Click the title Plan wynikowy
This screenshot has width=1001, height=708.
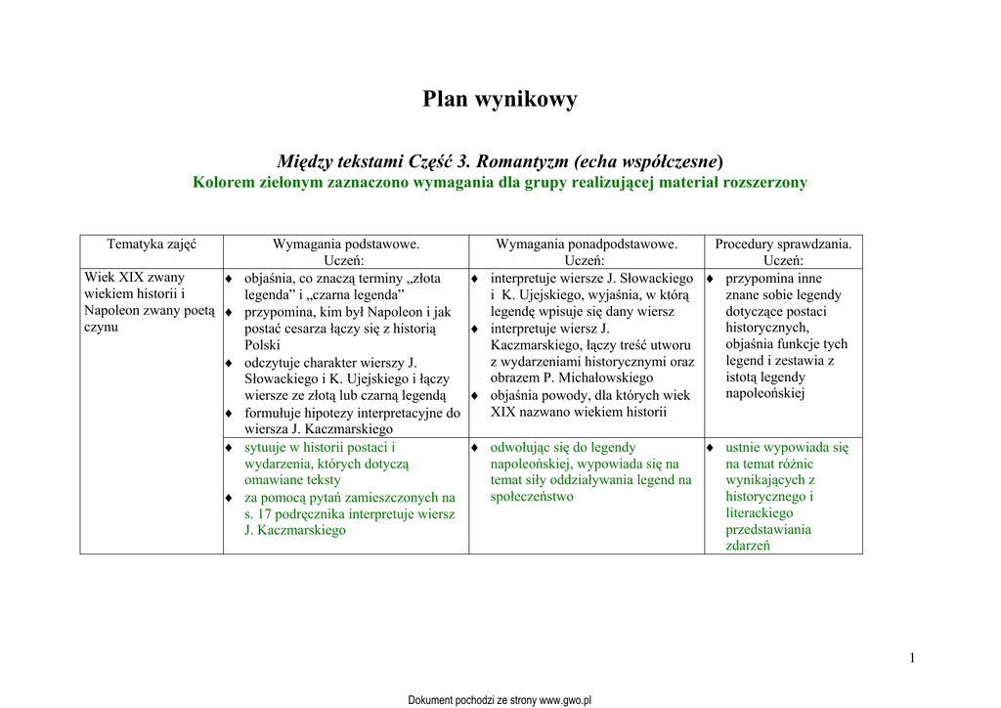(500, 99)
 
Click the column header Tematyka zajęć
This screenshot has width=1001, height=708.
(152, 243)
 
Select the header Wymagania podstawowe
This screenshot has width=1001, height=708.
(345, 243)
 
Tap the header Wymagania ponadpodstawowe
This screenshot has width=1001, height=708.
(587, 243)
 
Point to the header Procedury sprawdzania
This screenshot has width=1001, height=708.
(783, 243)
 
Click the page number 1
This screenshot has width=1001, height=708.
(912, 657)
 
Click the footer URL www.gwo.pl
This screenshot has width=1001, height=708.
(566, 700)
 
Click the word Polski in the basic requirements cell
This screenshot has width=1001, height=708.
(262, 345)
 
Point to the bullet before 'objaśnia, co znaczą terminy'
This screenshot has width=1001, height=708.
(229, 280)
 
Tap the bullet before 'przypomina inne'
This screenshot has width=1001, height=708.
(710, 280)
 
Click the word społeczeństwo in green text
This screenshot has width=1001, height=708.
(532, 496)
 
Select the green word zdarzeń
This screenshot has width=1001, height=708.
(748, 546)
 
